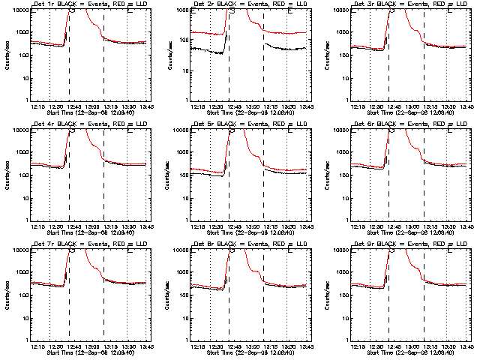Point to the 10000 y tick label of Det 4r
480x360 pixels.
(19, 130)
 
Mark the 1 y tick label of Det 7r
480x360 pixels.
(25, 340)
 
